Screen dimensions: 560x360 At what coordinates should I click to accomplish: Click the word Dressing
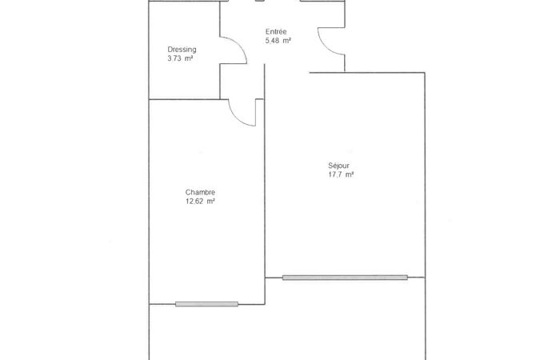182,50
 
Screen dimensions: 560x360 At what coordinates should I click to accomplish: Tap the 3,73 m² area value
180,58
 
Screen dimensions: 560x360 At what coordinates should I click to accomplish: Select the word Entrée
276,32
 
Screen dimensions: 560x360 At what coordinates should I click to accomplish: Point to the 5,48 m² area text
278,41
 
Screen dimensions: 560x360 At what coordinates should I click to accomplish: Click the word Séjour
338,166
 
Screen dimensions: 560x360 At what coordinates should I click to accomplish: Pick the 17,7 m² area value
341,174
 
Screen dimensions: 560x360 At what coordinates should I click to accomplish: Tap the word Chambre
200,193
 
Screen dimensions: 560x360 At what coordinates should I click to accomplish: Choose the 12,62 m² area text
200,202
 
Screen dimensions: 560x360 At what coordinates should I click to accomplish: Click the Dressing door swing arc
239,46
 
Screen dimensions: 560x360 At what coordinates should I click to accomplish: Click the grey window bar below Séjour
345,278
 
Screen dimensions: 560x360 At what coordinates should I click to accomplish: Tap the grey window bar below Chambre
206,304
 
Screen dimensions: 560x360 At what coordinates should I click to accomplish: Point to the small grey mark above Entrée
260,1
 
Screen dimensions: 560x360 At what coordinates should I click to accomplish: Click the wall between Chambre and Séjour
265,184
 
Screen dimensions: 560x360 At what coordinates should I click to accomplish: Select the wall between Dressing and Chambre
184,99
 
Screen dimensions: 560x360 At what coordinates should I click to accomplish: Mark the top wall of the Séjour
367,73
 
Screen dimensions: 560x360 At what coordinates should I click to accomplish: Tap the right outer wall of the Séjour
425,175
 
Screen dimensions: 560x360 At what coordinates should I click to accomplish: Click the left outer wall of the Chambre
149,202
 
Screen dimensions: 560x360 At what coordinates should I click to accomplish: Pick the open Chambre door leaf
256,113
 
